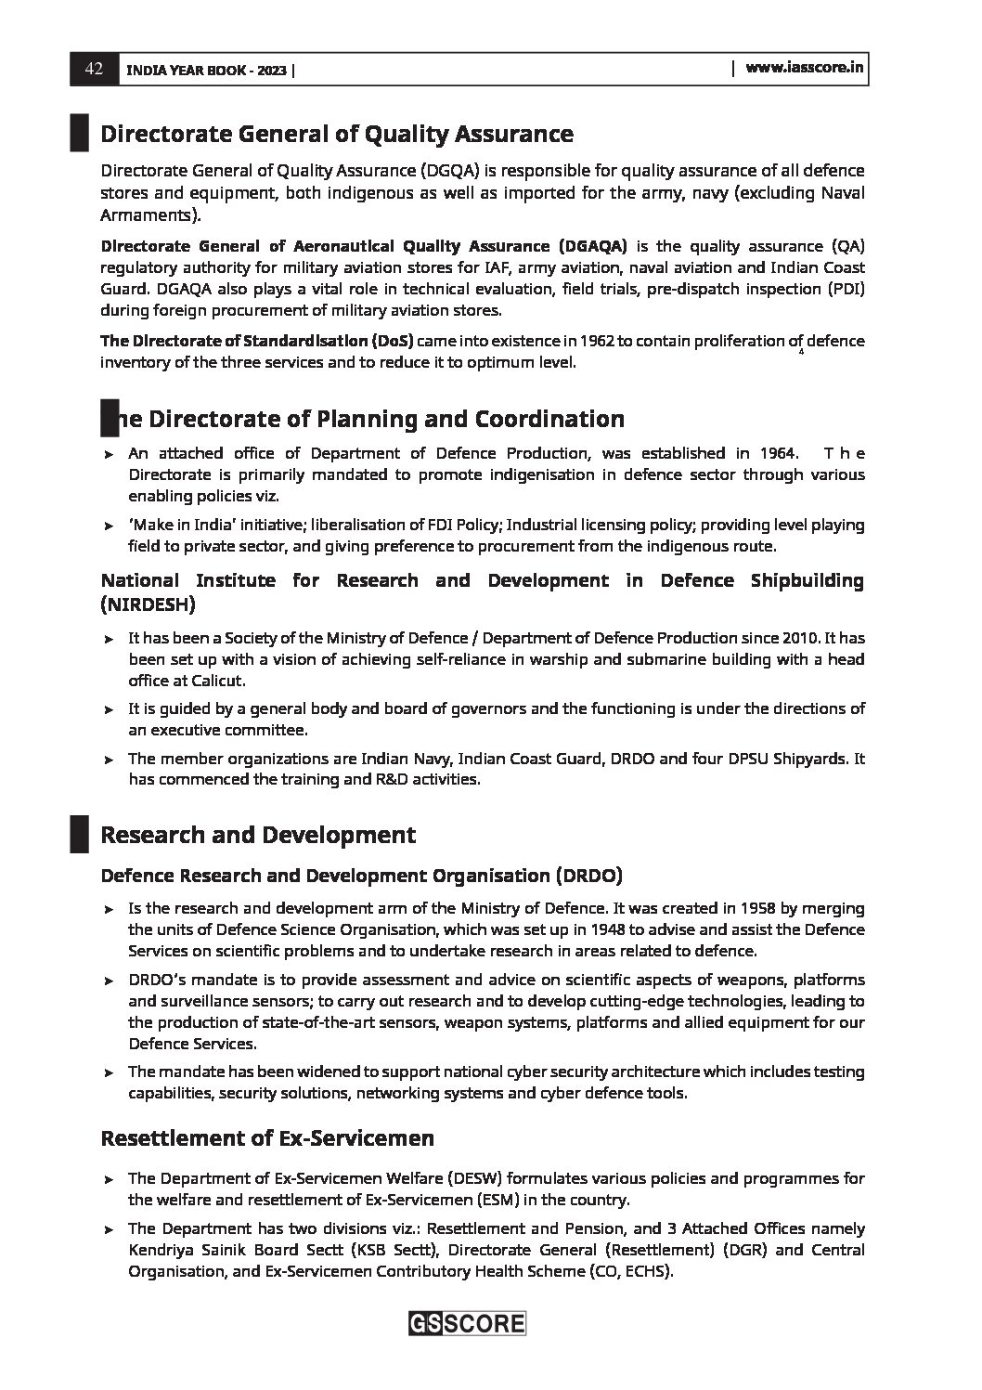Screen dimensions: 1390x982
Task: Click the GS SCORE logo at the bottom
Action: (x=467, y=1323)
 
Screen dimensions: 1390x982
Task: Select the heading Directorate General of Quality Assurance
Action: (x=336, y=135)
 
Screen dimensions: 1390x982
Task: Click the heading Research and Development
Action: (x=257, y=835)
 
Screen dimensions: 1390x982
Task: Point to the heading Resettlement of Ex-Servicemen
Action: (x=266, y=1137)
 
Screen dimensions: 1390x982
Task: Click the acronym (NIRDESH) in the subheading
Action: (x=148, y=604)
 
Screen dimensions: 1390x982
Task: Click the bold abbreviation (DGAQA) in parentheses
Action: (x=592, y=246)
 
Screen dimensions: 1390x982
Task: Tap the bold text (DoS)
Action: (x=392, y=341)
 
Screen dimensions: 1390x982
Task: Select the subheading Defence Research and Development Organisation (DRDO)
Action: (x=361, y=876)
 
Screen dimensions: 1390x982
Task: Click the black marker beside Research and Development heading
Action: (x=79, y=834)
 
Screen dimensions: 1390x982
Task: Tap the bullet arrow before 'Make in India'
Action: (x=109, y=526)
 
